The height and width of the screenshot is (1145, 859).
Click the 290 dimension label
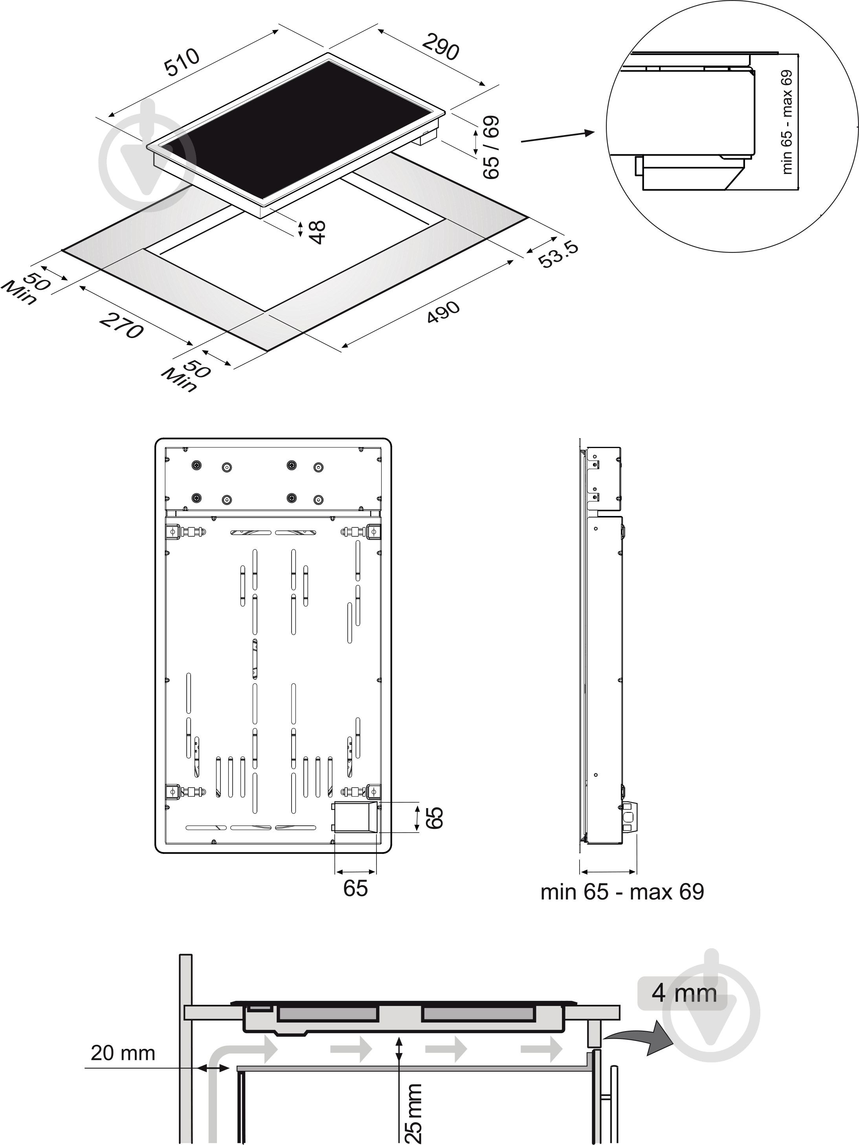tap(441, 46)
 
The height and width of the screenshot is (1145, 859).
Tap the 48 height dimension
tap(317, 232)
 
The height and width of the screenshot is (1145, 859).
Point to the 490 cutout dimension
tap(443, 312)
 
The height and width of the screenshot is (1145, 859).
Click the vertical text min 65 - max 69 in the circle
tap(787, 122)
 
